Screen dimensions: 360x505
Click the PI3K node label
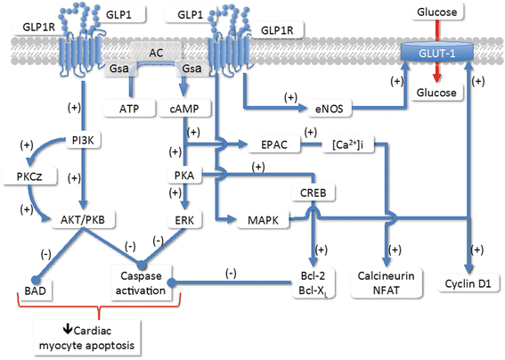click(80, 141)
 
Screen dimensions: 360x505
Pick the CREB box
click(311, 192)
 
